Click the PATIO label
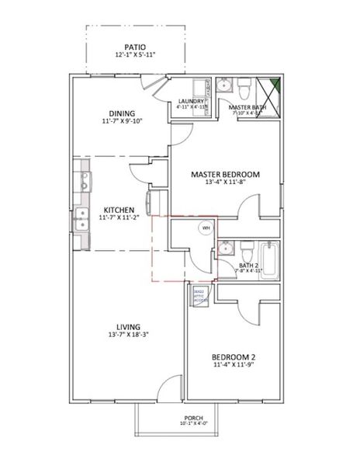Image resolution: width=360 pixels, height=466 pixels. point(129,47)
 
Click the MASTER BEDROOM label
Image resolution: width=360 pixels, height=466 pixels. point(225,175)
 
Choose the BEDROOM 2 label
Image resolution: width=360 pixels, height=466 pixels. point(235,358)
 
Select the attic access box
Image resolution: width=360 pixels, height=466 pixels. point(198,295)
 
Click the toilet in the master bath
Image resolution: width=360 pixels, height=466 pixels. point(244,84)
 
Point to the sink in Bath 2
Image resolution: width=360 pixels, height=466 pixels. point(224,249)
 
